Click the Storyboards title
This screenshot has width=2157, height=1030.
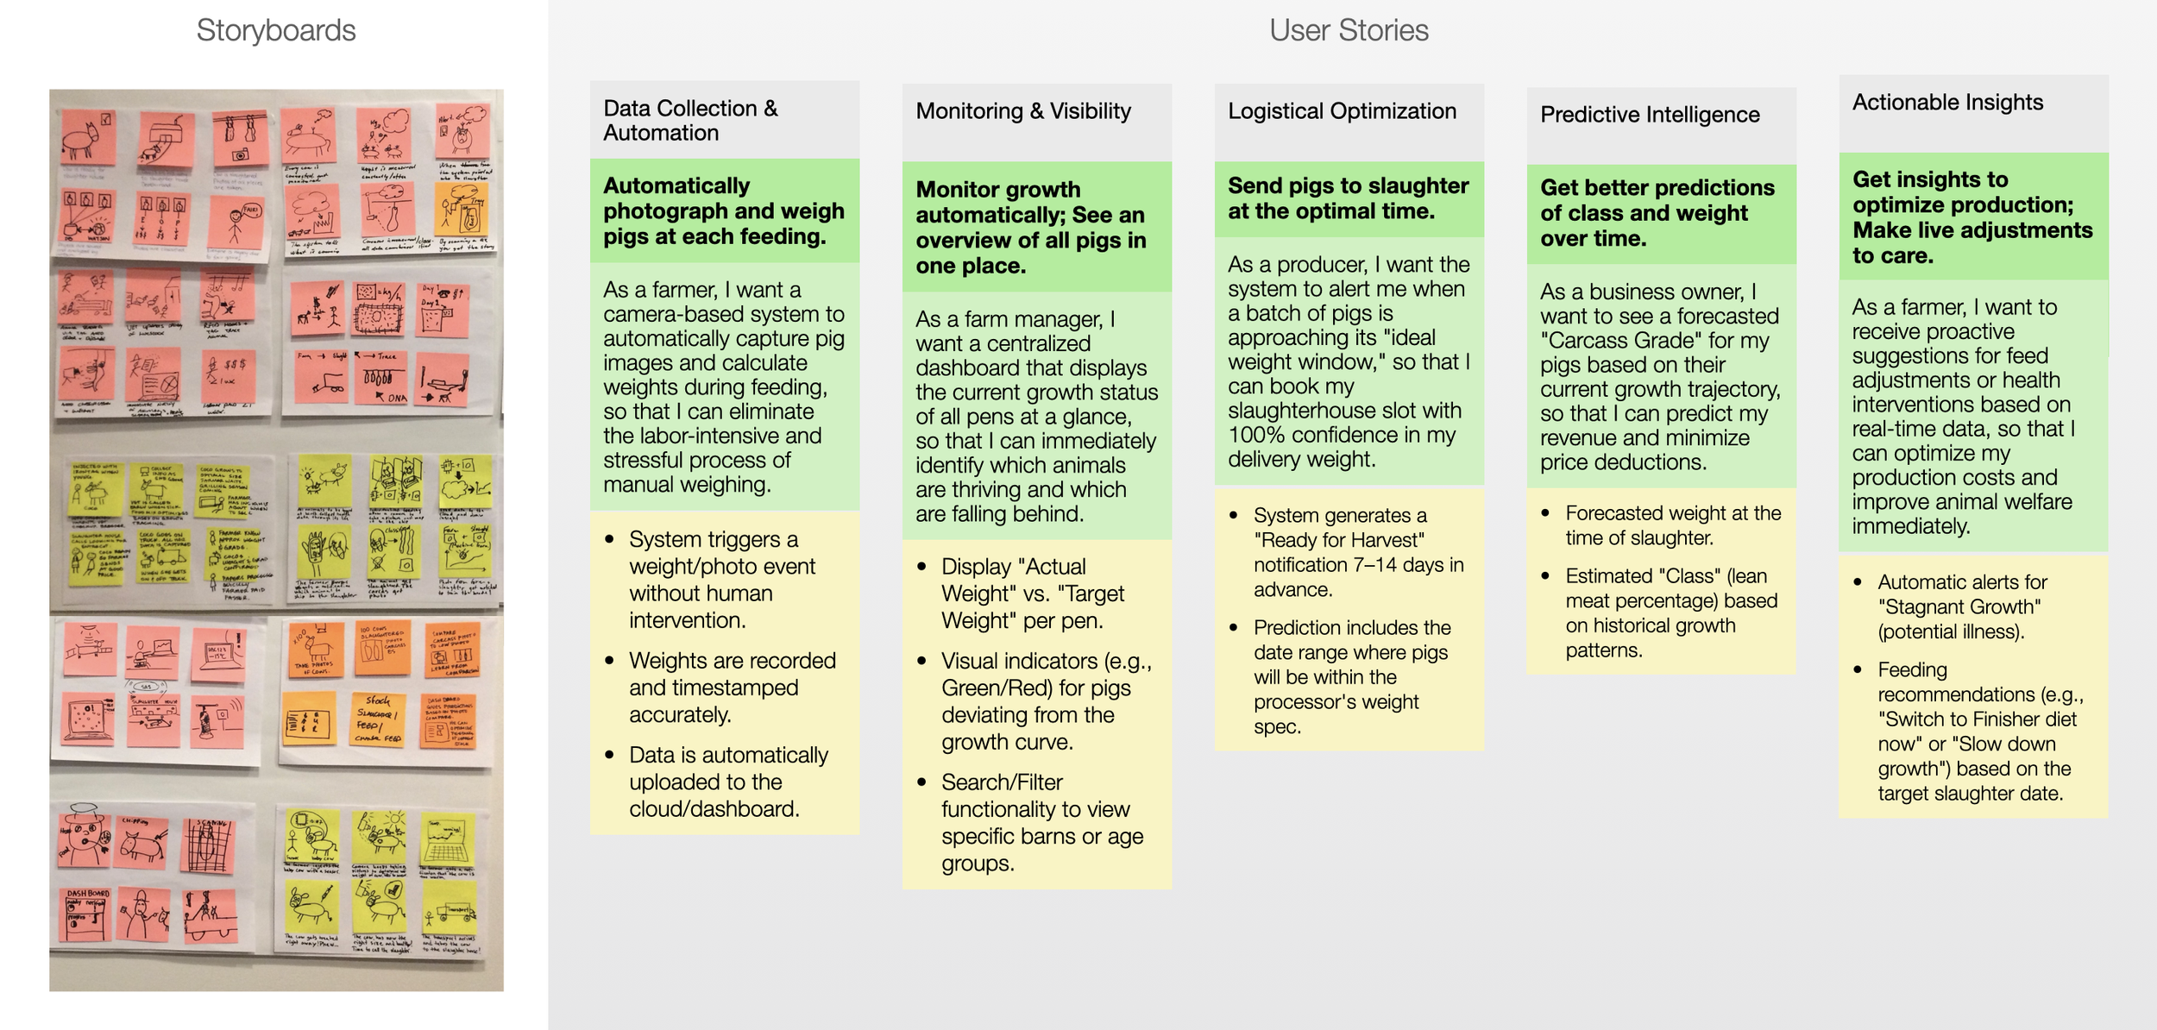coord(275,31)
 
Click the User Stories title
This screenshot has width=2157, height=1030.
coord(1349,31)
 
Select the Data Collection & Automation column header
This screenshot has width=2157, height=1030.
coord(690,120)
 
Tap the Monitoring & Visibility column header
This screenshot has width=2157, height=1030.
coord(1023,111)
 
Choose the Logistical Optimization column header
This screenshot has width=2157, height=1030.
coord(1342,111)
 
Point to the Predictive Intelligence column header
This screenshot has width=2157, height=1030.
coord(1650,115)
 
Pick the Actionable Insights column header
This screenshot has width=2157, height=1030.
coord(1947,103)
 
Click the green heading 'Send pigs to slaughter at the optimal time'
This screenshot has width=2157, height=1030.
coord(1348,198)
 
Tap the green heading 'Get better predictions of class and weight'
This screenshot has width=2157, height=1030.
coord(1657,213)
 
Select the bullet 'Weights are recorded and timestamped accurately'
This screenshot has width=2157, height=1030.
coord(732,688)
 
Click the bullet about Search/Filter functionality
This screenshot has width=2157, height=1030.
coord(1041,822)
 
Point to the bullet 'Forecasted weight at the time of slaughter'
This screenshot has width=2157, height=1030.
coord(1672,525)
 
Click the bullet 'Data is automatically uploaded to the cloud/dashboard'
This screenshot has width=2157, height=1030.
coord(728,782)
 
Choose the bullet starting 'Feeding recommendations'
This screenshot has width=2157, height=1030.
coord(1979,732)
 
